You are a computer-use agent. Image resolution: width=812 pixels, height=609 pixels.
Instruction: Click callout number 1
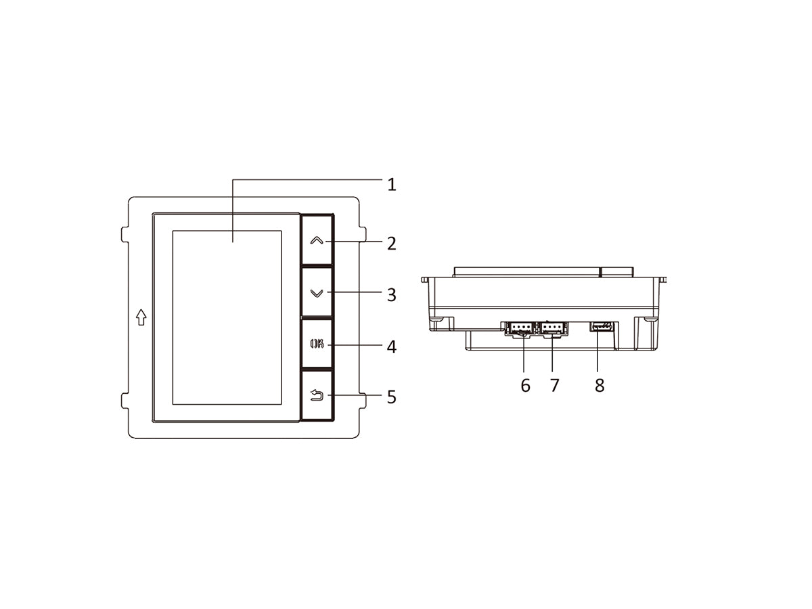pos(391,184)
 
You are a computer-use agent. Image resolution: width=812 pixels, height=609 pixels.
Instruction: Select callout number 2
pos(391,244)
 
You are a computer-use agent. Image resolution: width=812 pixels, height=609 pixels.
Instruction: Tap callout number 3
pos(391,295)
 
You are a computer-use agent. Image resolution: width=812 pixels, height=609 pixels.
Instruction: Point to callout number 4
pos(391,347)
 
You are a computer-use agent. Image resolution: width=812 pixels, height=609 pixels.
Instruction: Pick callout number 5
pos(391,397)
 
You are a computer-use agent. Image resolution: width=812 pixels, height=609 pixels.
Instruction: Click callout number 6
pos(525,386)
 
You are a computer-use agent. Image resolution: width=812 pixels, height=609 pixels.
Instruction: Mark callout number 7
pos(554,386)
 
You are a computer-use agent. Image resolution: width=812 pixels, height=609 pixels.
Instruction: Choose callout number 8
pos(599,386)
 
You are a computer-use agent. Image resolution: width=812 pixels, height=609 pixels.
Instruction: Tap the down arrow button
pos(316,293)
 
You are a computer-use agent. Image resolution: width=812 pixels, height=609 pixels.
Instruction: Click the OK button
pos(316,344)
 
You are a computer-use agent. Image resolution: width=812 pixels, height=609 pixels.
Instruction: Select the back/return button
pos(316,396)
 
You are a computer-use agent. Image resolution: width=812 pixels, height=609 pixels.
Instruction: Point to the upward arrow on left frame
pos(141,317)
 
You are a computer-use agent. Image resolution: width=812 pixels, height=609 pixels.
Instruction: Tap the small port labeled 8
pos(602,327)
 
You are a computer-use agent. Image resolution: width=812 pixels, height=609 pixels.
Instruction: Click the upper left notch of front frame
pos(125,233)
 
